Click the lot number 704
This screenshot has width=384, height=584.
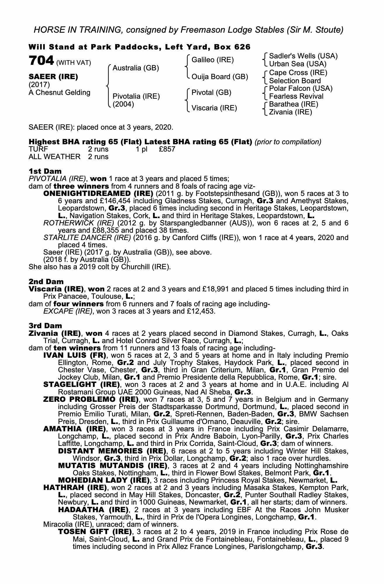point(41,61)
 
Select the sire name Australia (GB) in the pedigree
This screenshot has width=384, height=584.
point(136,68)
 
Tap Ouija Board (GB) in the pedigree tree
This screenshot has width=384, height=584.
point(219,77)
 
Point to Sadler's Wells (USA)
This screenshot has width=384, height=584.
point(303,56)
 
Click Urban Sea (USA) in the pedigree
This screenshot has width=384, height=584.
point(297,64)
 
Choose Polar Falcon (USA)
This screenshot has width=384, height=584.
point(301,88)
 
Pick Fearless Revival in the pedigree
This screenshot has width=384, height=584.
point(296,96)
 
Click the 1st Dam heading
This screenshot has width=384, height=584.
point(45,171)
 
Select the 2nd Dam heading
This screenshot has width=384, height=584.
point(46,281)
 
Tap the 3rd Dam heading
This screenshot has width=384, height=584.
point(45,326)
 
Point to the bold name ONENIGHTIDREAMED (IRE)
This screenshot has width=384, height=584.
point(98,194)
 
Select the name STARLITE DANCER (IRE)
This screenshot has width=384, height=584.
point(87,238)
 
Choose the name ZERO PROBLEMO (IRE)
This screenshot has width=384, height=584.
point(91,399)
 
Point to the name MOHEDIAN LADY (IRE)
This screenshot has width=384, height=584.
point(104,480)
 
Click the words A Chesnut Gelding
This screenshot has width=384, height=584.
point(59,93)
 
